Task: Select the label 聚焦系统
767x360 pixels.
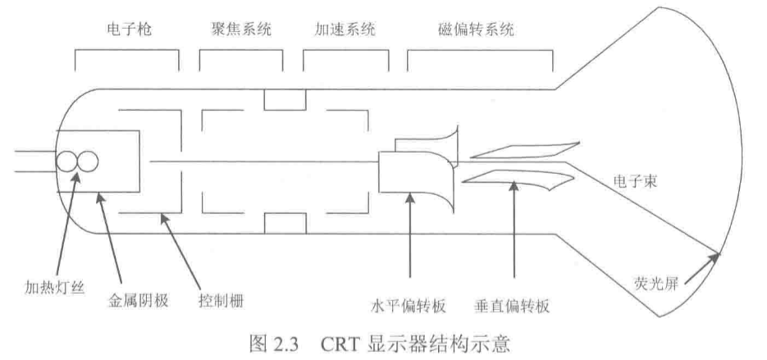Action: click(235, 30)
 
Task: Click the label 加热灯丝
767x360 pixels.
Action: click(48, 288)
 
